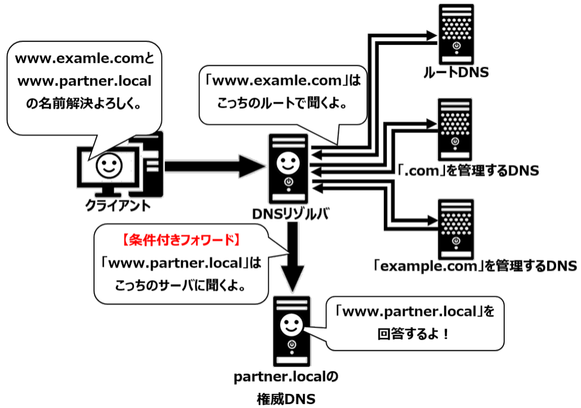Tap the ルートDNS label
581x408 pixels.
click(456, 73)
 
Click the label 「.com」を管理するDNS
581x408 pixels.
click(468, 171)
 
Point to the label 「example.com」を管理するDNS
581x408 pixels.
click(475, 266)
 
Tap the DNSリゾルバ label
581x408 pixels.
click(291, 215)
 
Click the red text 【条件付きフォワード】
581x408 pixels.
click(180, 240)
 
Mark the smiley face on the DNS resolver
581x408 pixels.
click(288, 162)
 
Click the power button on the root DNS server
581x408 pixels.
click(456, 47)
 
